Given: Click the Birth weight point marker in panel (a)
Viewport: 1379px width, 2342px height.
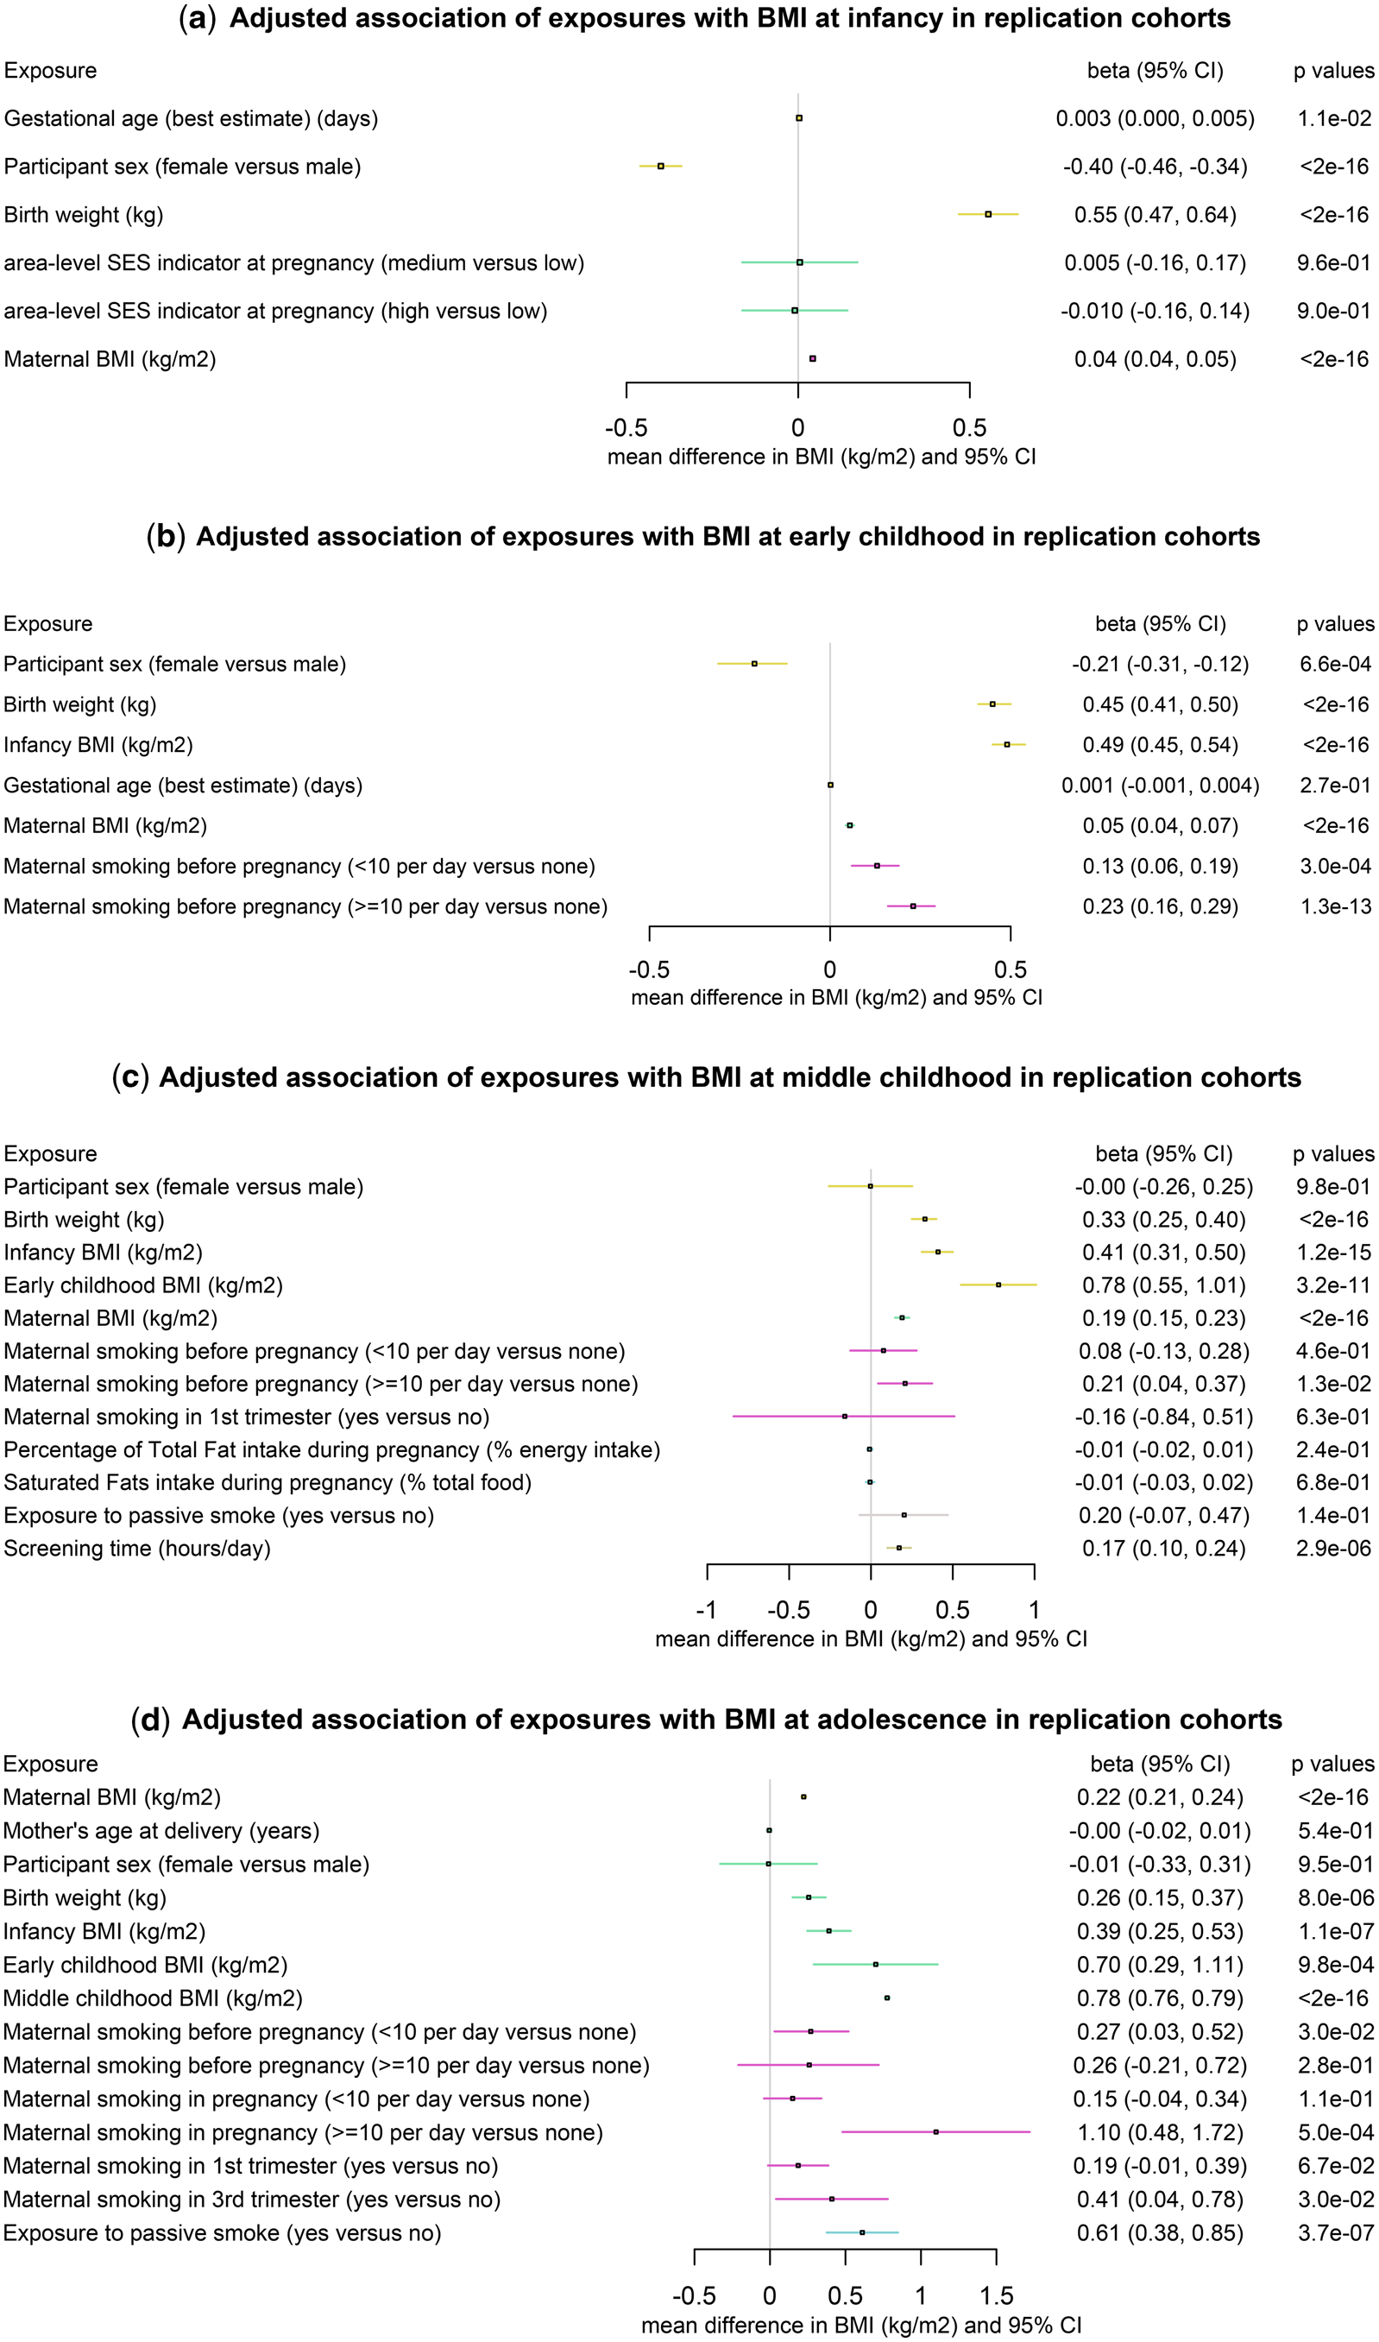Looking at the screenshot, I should click(x=988, y=215).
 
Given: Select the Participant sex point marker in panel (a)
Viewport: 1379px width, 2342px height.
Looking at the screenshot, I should click(x=661, y=167).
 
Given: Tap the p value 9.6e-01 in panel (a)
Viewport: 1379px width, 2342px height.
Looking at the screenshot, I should click(x=1333, y=263).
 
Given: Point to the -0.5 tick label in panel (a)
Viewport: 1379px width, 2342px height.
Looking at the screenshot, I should click(x=626, y=428).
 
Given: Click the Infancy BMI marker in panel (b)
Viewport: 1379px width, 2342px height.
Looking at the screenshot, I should click(x=1006, y=744).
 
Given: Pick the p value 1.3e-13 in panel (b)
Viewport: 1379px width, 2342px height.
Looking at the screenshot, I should click(x=1335, y=906).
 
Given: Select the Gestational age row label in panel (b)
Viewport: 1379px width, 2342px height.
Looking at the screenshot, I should click(x=183, y=786).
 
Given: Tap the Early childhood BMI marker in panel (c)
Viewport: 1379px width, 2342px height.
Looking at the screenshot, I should click(x=998, y=1285).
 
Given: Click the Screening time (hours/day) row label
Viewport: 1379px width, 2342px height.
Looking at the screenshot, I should click(x=137, y=1549).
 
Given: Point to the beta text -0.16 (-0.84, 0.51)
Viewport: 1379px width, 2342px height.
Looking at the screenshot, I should click(x=1163, y=1417).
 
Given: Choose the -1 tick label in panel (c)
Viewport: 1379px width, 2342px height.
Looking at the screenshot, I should click(x=706, y=1610).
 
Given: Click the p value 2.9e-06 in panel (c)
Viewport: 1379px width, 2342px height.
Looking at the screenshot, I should click(x=1333, y=1549).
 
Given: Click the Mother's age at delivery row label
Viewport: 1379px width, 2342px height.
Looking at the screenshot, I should click(x=161, y=1831).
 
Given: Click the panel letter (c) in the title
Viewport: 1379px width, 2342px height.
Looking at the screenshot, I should click(x=130, y=1077).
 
